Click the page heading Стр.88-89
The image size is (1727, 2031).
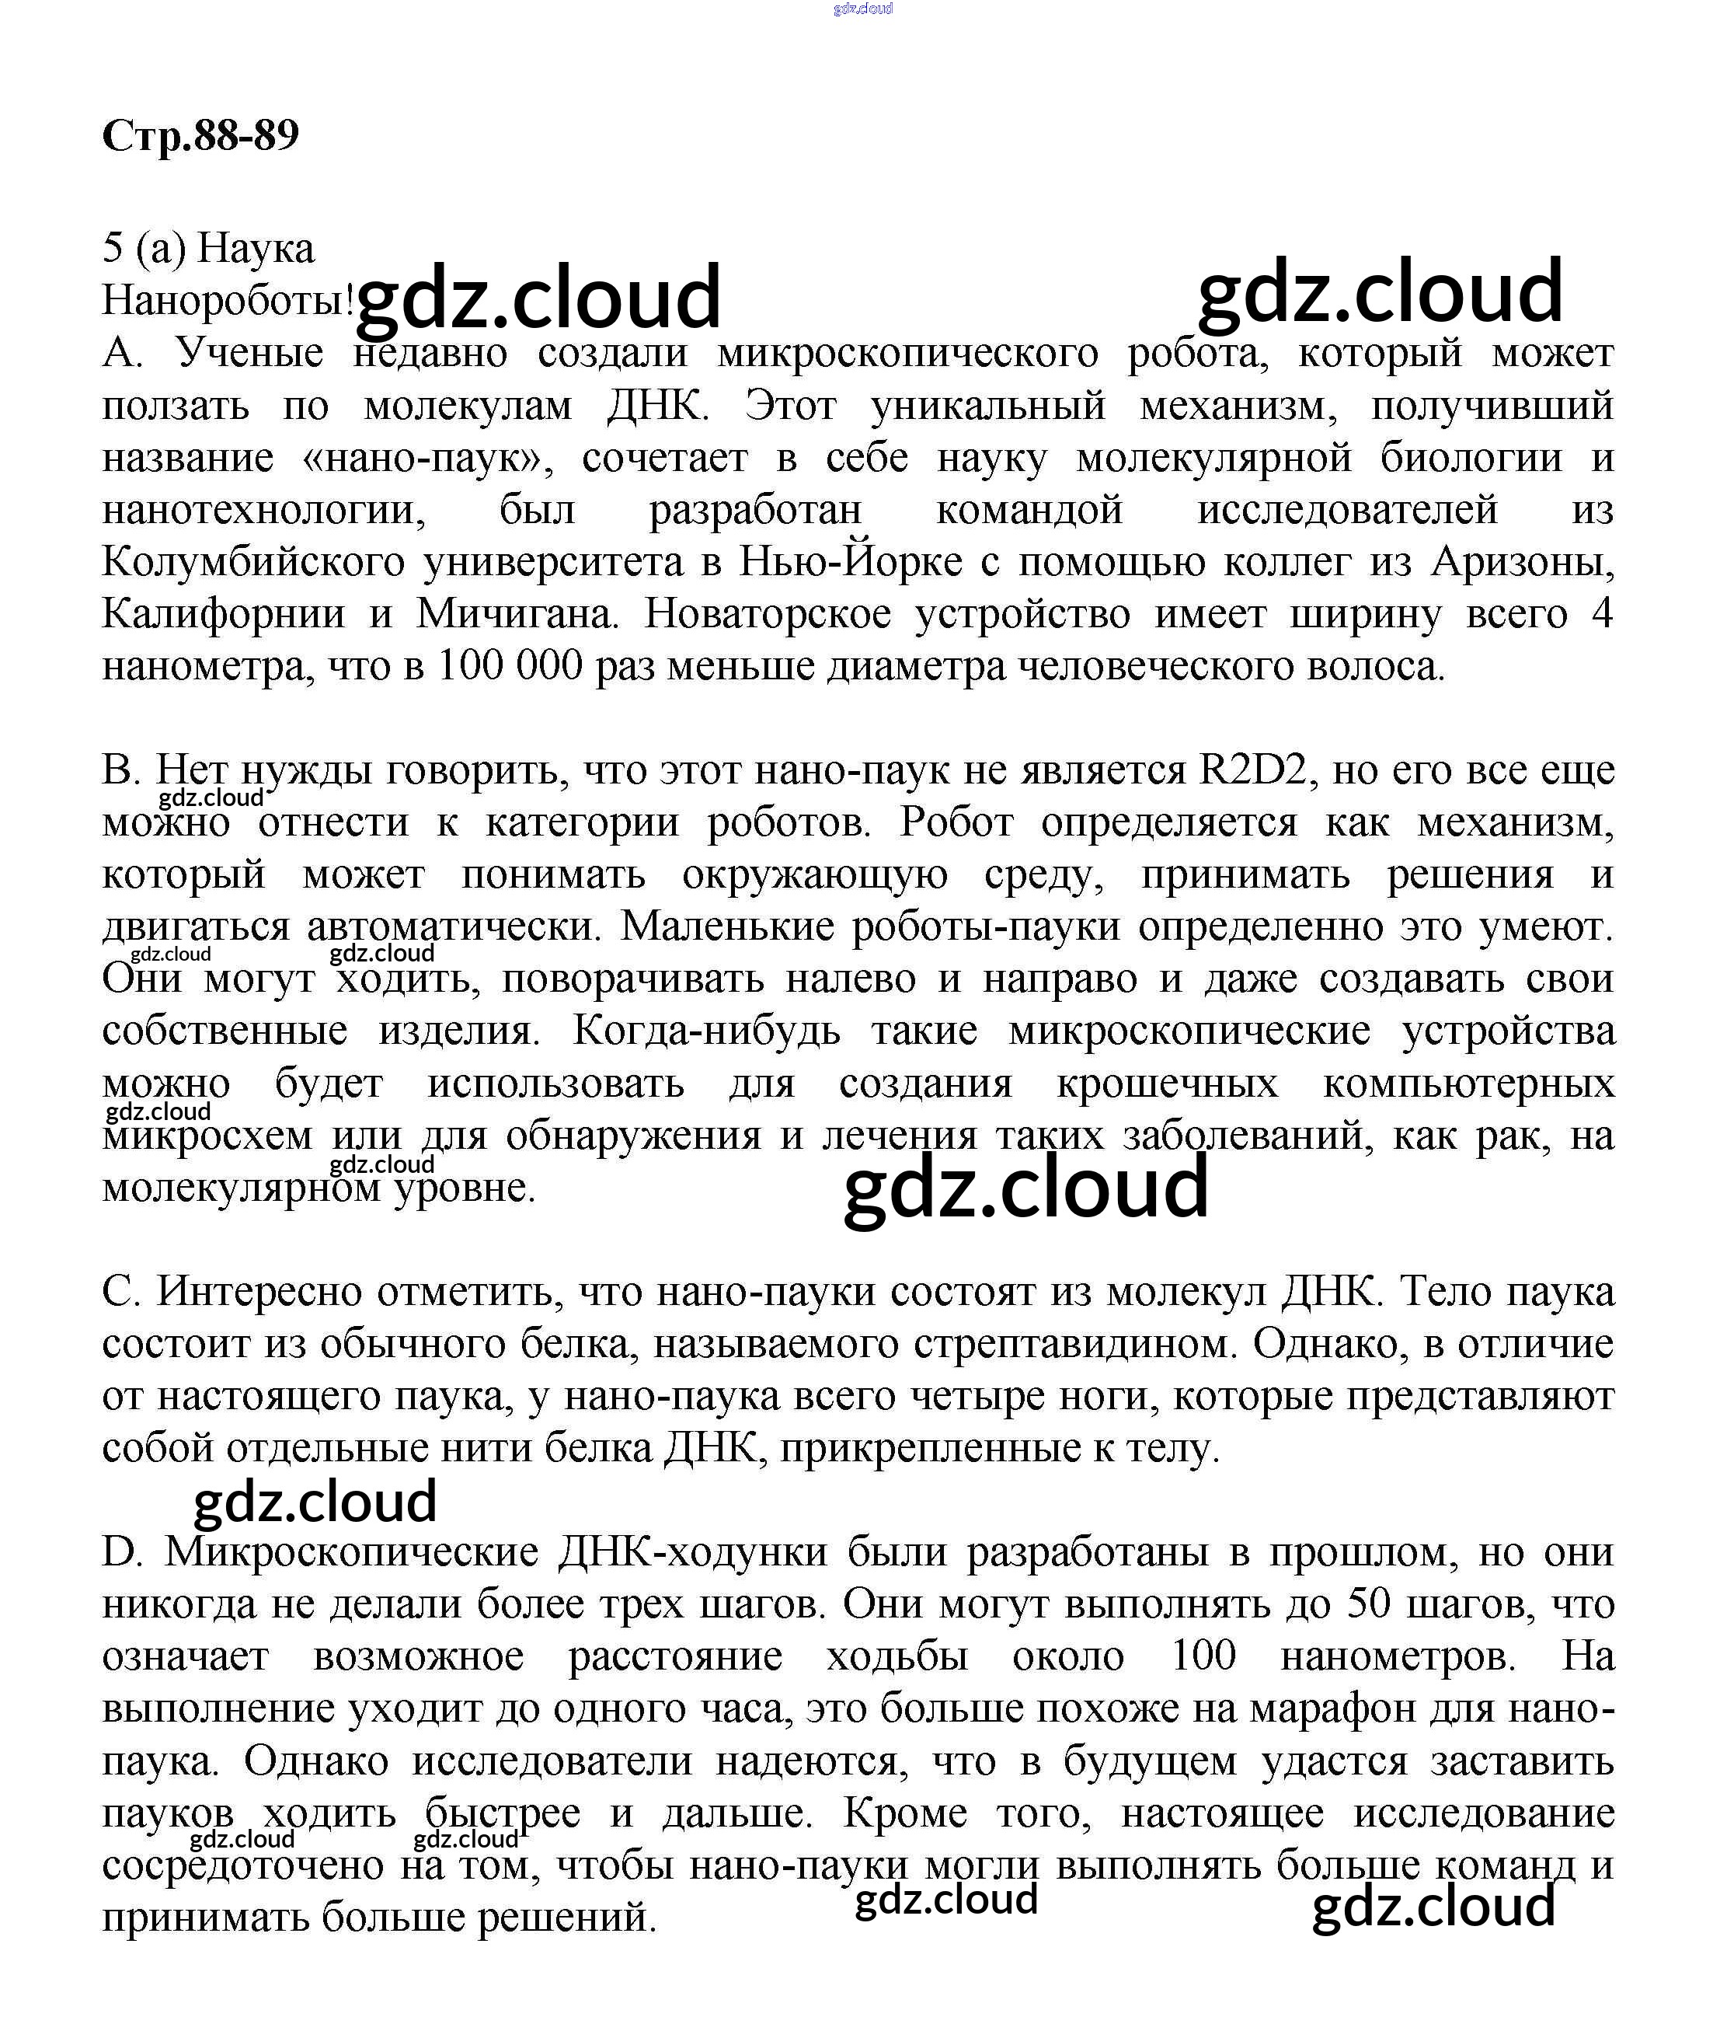tap(200, 136)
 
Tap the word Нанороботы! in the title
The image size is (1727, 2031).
tap(227, 301)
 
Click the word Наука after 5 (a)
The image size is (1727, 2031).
tap(256, 249)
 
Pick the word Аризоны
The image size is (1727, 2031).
tap(1523, 562)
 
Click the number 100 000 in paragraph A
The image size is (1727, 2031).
tap(509, 667)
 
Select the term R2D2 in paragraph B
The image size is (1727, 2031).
tap(1254, 769)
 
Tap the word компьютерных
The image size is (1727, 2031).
tap(1468, 1083)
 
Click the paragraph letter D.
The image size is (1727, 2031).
tap(121, 1552)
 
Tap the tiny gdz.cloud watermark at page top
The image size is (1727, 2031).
tap(862, 9)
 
